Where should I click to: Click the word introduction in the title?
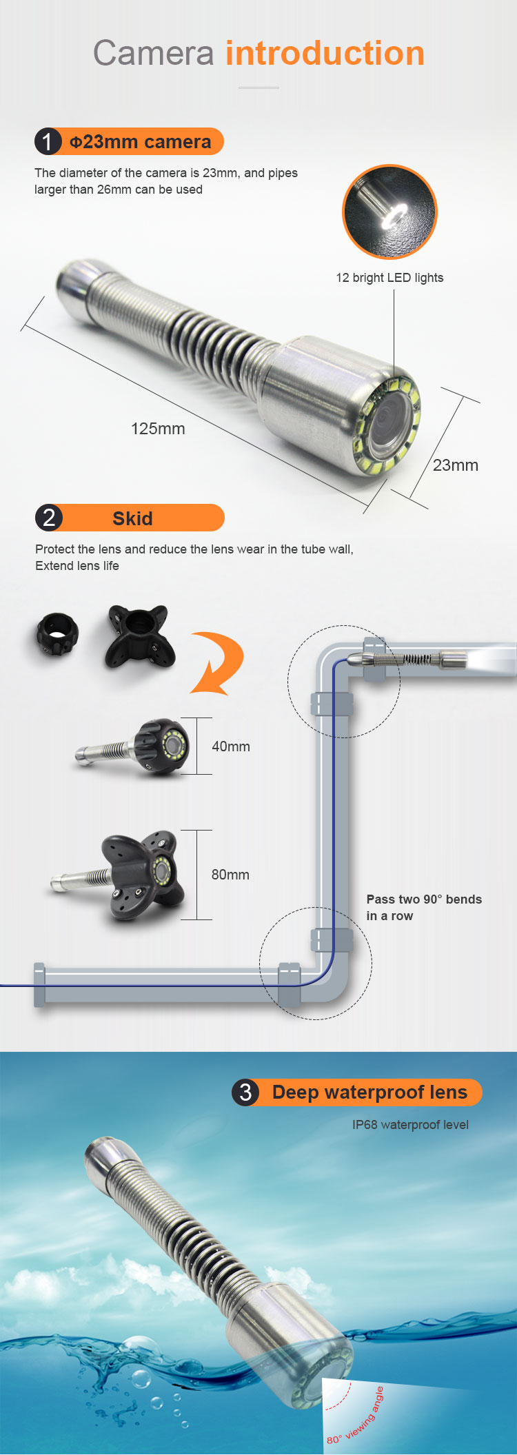[325, 53]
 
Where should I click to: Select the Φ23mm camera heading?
[141, 142]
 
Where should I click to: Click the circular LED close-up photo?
[389, 212]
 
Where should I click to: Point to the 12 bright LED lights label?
[389, 278]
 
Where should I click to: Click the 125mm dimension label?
[158, 429]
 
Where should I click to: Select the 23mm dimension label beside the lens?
[456, 465]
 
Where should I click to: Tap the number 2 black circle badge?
[49, 518]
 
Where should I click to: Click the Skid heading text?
[132, 518]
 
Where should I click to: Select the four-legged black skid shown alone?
[139, 637]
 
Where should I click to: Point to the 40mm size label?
[231, 746]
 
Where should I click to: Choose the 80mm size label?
[230, 875]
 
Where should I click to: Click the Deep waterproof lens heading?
[369, 1092]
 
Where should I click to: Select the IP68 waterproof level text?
[410, 1125]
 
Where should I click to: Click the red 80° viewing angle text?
[356, 1416]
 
